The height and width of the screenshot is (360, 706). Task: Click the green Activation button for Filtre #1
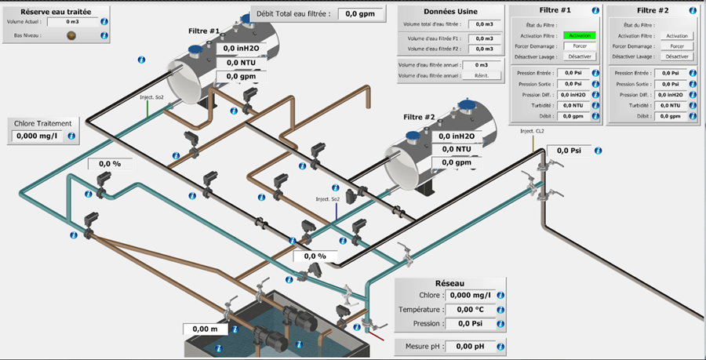[580, 36]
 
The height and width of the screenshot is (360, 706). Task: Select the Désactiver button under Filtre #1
[580, 56]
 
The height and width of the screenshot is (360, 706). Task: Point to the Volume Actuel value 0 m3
[73, 22]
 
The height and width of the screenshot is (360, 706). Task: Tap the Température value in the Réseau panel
[468, 310]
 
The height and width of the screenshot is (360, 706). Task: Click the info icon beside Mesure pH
[500, 346]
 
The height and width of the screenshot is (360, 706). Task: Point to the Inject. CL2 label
[533, 131]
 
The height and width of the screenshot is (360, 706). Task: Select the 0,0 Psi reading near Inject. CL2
[569, 151]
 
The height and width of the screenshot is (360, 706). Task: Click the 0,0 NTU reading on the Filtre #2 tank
[457, 148]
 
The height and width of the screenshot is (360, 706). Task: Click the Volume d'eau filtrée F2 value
[485, 49]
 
